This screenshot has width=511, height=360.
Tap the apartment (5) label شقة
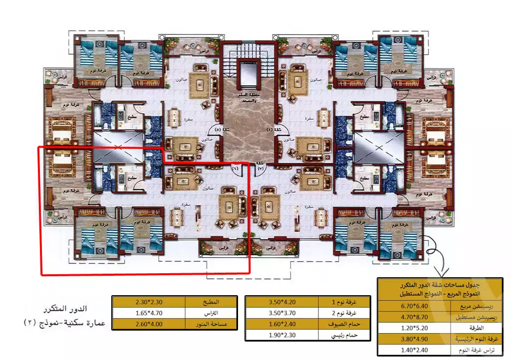(218, 130)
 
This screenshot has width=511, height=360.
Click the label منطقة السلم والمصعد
(248, 98)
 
